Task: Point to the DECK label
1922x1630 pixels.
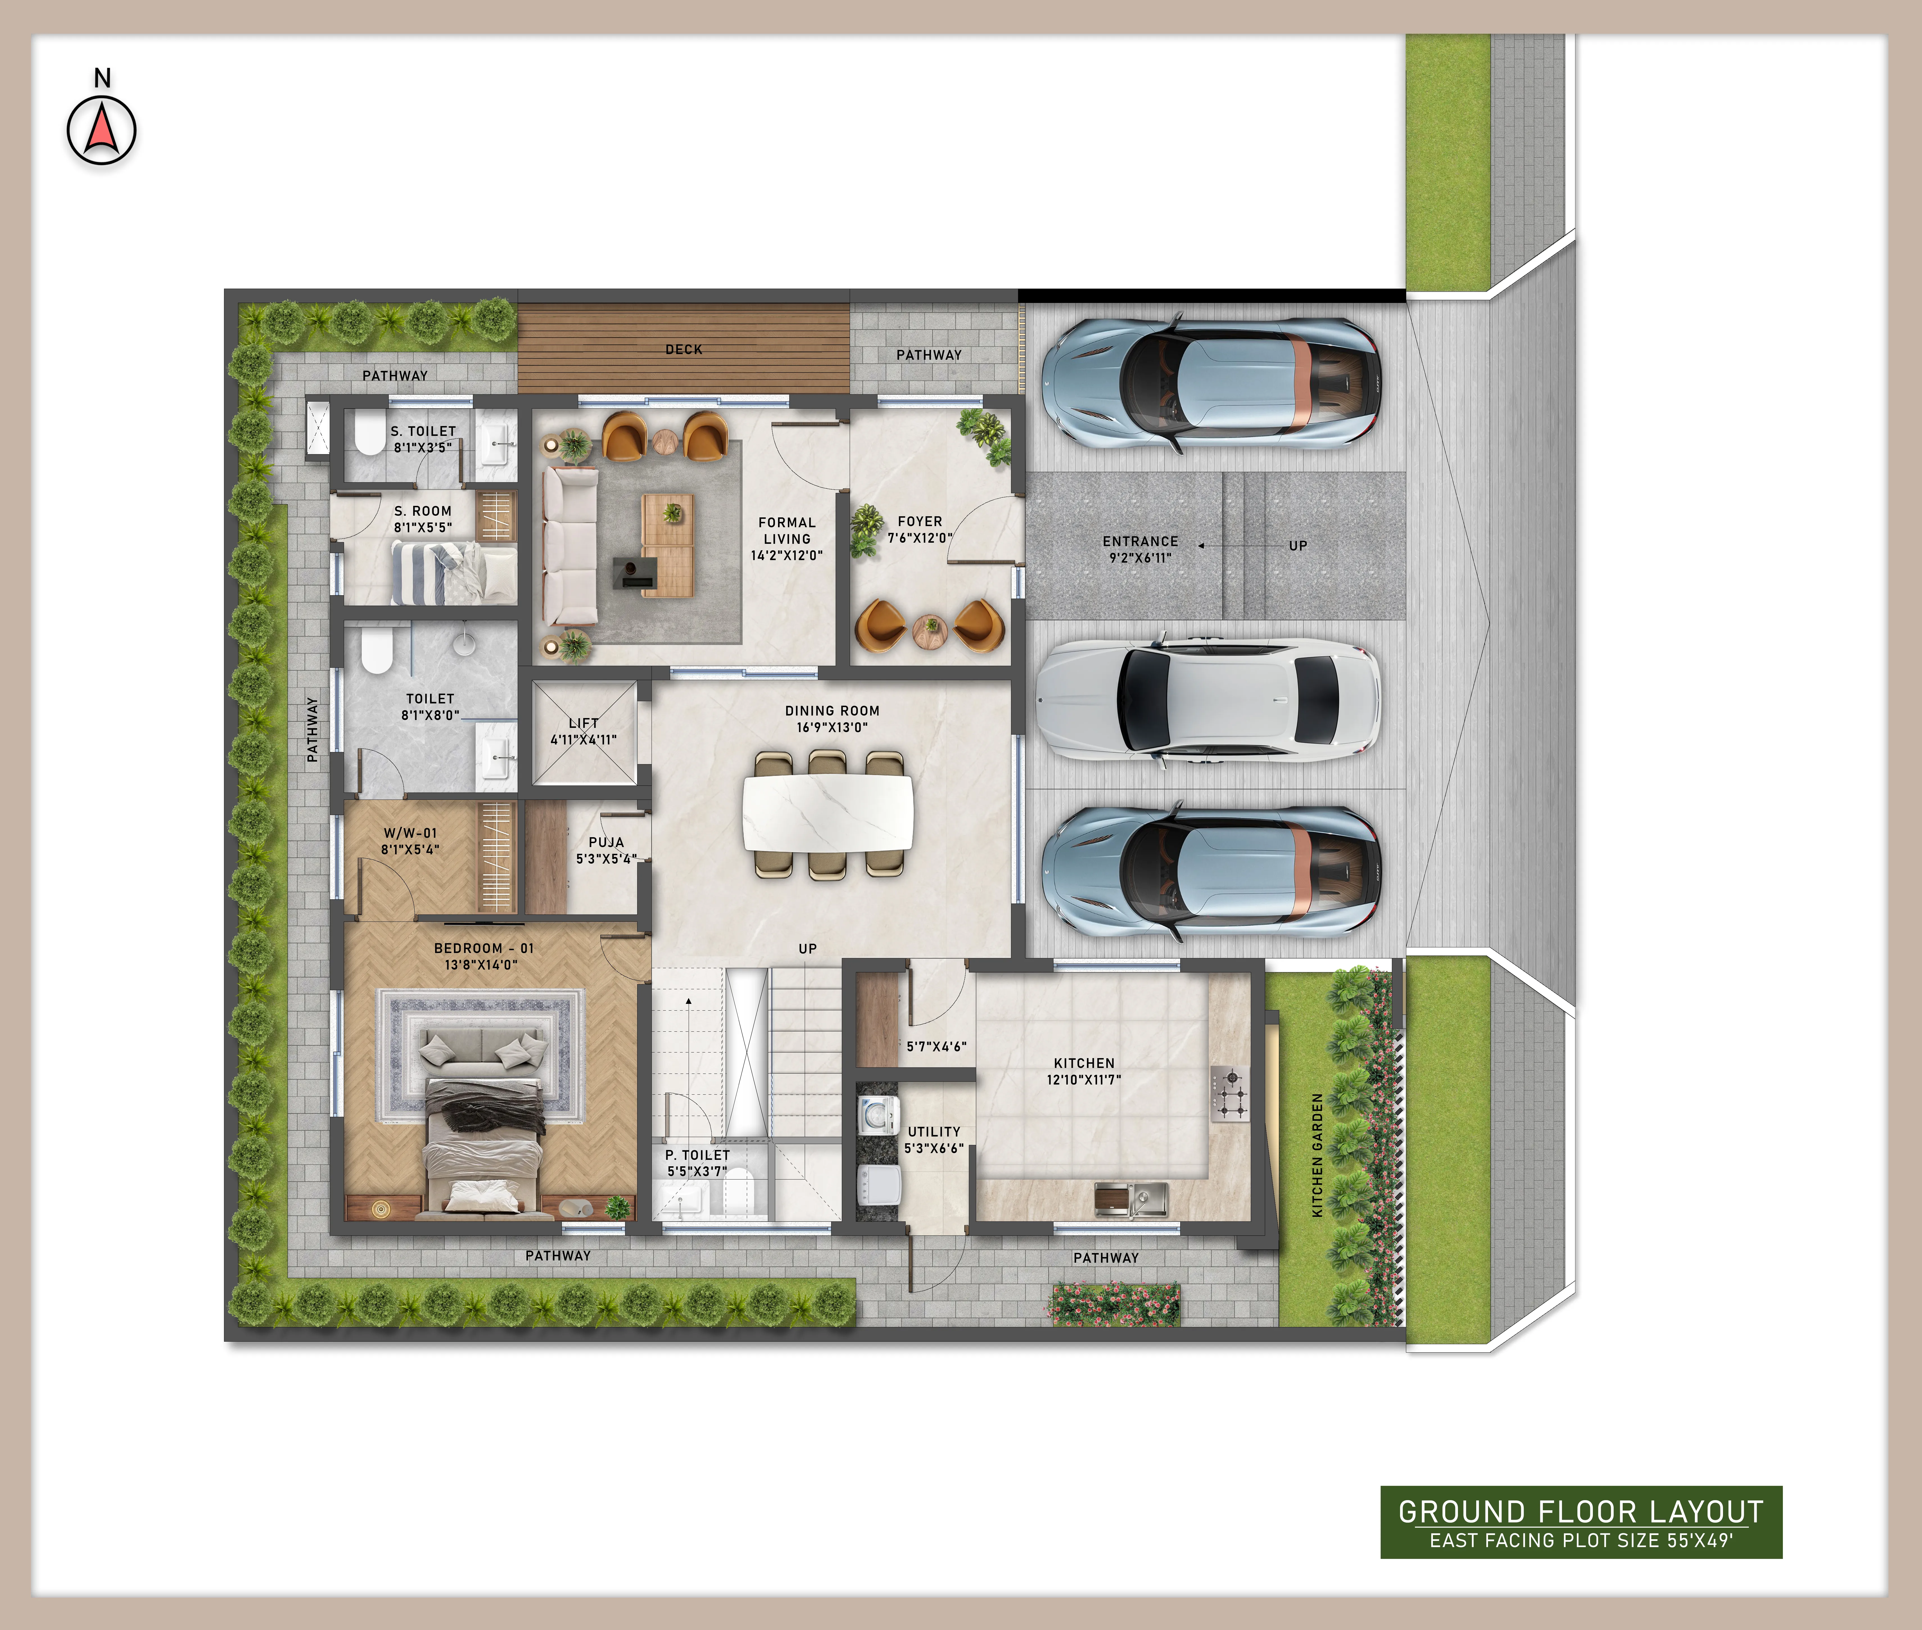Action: pyautogui.click(x=684, y=349)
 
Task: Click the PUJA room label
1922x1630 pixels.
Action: pyautogui.click(x=606, y=842)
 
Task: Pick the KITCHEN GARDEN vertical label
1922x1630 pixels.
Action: pyautogui.click(x=1318, y=1155)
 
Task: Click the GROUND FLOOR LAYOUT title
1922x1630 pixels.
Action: pyautogui.click(x=1581, y=1512)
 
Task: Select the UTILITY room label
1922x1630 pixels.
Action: pyautogui.click(x=934, y=1131)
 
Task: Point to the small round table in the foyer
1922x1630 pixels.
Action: pyautogui.click(x=930, y=631)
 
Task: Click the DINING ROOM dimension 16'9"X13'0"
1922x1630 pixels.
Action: pyautogui.click(x=832, y=727)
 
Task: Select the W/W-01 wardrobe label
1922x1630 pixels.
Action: pyautogui.click(x=410, y=832)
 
